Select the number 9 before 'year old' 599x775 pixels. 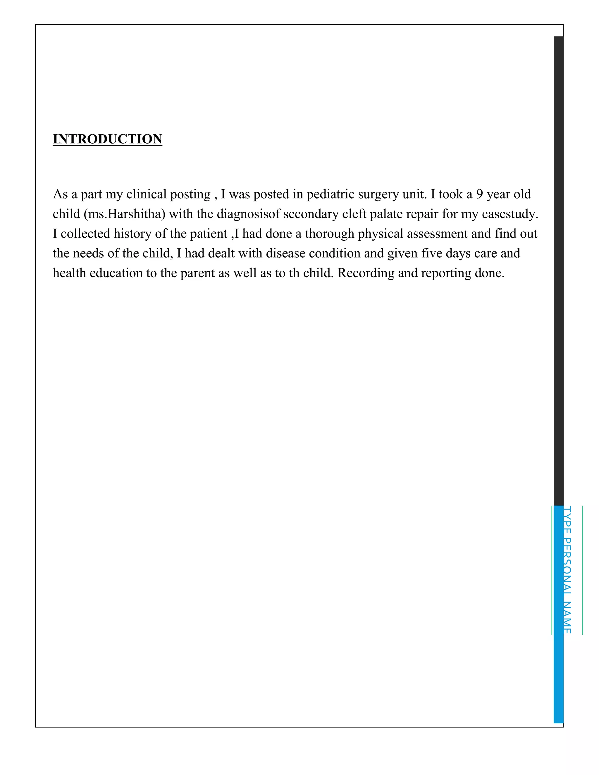click(x=479, y=194)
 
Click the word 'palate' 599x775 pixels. click(x=385, y=214)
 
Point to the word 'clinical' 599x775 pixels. click(x=146, y=194)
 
